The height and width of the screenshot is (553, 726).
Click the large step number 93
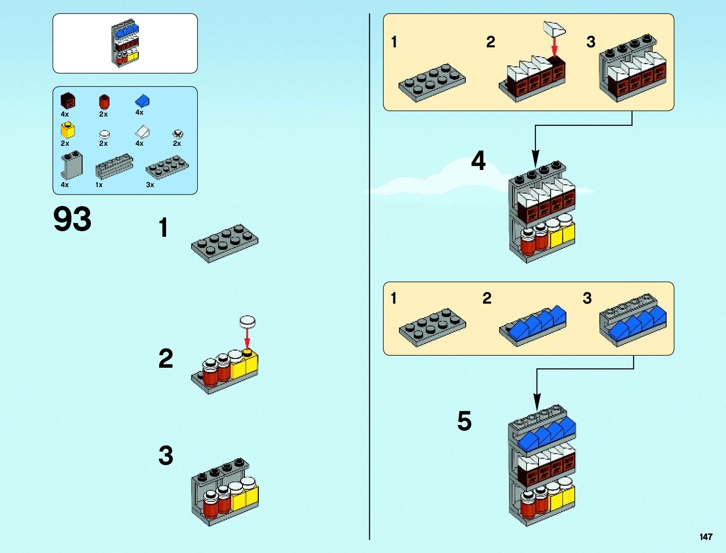pos(72,219)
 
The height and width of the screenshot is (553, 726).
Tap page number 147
pos(706,537)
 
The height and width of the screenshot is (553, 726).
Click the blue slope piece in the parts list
pos(142,101)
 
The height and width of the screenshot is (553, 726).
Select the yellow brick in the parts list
pos(67,130)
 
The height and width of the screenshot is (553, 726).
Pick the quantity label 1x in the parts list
pos(99,185)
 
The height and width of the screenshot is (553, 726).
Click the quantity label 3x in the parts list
pos(150,185)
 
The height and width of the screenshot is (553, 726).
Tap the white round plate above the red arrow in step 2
pos(247,321)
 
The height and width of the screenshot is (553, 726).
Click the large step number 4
pos(478,161)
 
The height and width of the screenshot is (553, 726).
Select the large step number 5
pos(464,421)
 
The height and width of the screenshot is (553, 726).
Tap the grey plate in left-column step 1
pos(225,243)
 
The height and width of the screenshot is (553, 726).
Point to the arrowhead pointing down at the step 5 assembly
pos(537,402)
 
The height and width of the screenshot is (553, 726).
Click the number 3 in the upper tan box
pos(591,42)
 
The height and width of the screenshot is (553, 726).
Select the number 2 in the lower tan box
pos(487,298)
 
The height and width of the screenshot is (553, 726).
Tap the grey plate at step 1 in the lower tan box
pos(432,326)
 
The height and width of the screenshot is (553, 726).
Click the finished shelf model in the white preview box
pos(125,43)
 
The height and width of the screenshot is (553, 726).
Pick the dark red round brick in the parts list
pos(104,102)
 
